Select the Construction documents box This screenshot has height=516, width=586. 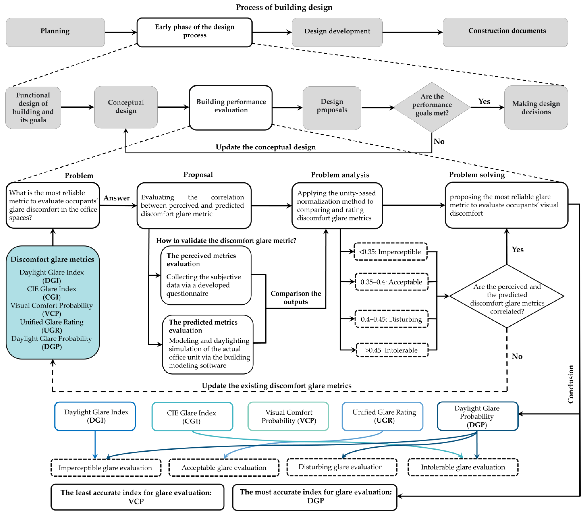505,32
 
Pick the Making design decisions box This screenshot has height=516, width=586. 536,108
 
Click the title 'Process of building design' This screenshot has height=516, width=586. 284,7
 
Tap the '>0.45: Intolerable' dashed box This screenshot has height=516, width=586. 392,350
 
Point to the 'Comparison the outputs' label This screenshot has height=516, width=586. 296,298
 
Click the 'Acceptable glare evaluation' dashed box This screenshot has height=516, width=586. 224,468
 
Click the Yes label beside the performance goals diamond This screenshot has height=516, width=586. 484,101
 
